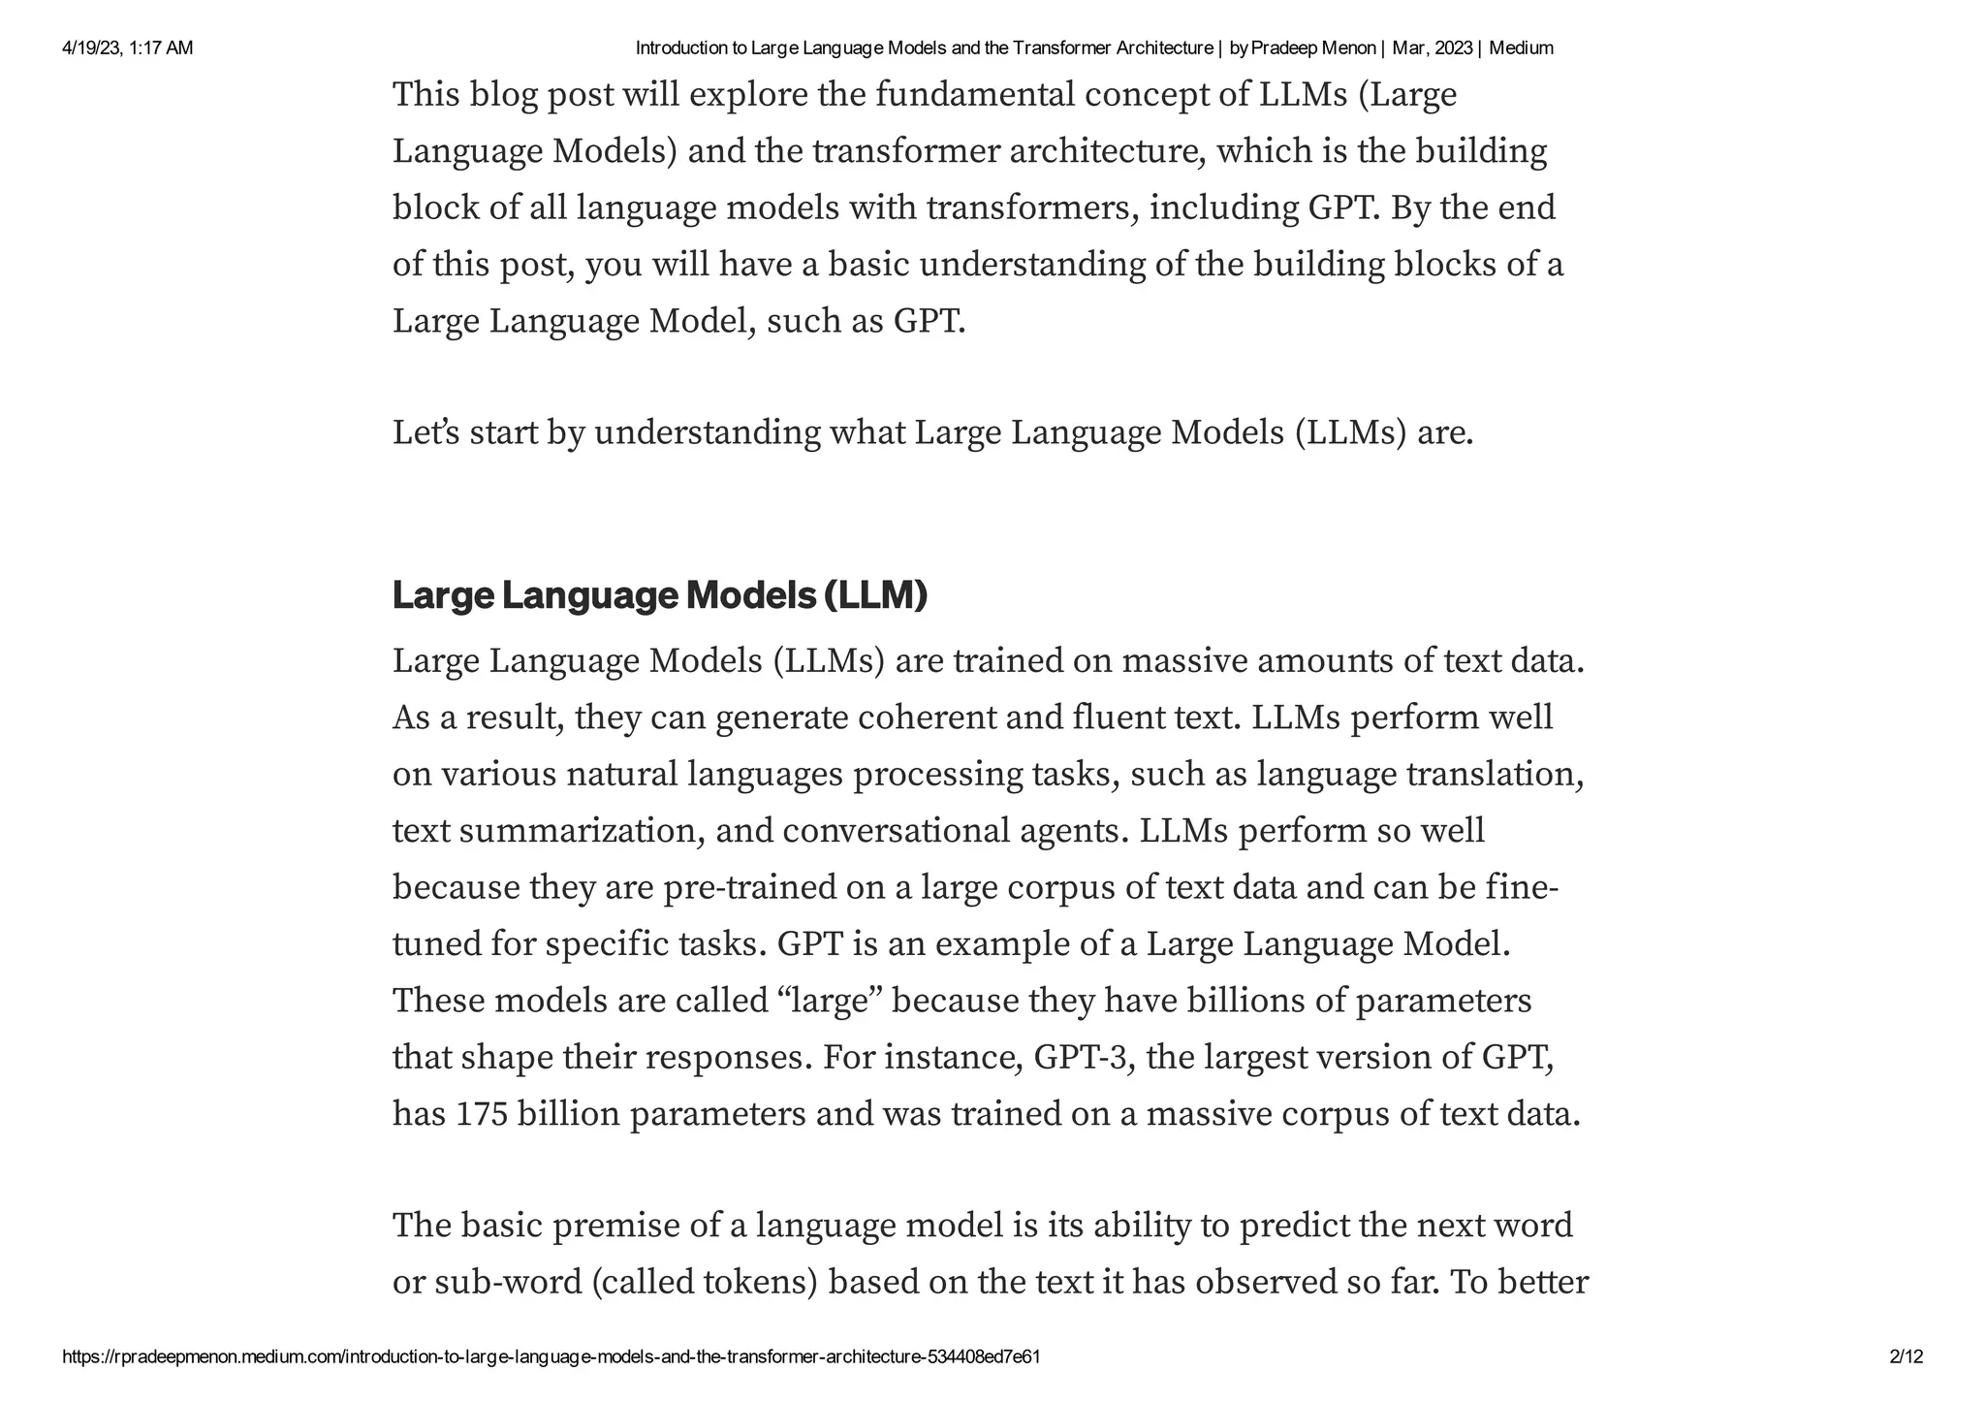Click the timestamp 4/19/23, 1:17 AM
127,48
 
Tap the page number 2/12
1906,1356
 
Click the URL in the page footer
551,1356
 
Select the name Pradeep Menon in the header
1313,48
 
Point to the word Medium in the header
1521,48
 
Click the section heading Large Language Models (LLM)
660,595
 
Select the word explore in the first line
749,95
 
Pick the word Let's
425,432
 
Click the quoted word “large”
829,1001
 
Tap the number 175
482,1114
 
